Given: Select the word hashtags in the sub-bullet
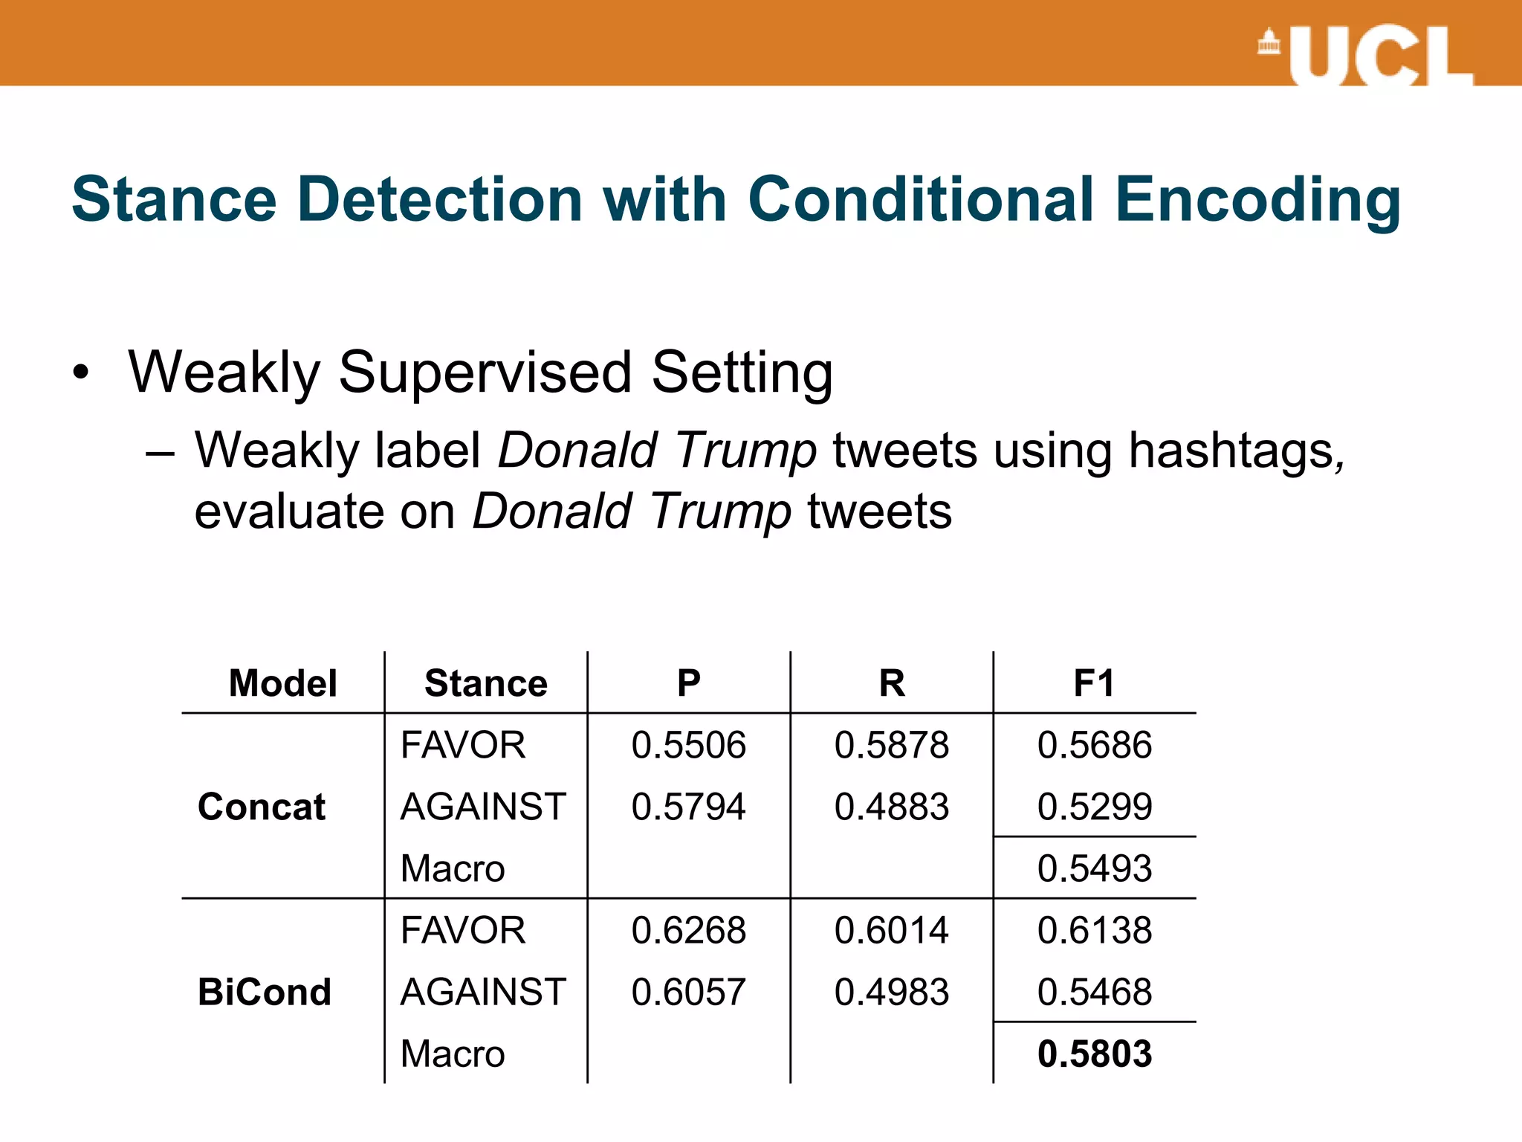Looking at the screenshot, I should point(1235,451).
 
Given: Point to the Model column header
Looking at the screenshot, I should point(282,683).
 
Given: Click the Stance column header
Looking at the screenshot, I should point(485,683).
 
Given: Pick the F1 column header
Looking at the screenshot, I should point(1094,683).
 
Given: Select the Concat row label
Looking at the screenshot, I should point(261,807).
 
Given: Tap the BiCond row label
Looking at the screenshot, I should point(264,992).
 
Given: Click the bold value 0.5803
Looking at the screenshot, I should point(1094,1054).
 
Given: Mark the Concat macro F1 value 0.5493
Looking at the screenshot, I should point(1094,868).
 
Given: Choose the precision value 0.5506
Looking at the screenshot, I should point(688,745).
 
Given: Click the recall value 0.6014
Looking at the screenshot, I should point(891,930).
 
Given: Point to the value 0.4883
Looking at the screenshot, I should point(891,807).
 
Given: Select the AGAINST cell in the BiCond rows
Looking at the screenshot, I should point(483,992).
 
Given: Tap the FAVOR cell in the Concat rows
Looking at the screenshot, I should point(462,745).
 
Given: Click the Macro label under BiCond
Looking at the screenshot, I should point(452,1054).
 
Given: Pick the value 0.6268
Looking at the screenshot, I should point(688,930).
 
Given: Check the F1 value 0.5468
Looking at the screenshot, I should point(1094,992).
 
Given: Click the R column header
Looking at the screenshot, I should point(891,683).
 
